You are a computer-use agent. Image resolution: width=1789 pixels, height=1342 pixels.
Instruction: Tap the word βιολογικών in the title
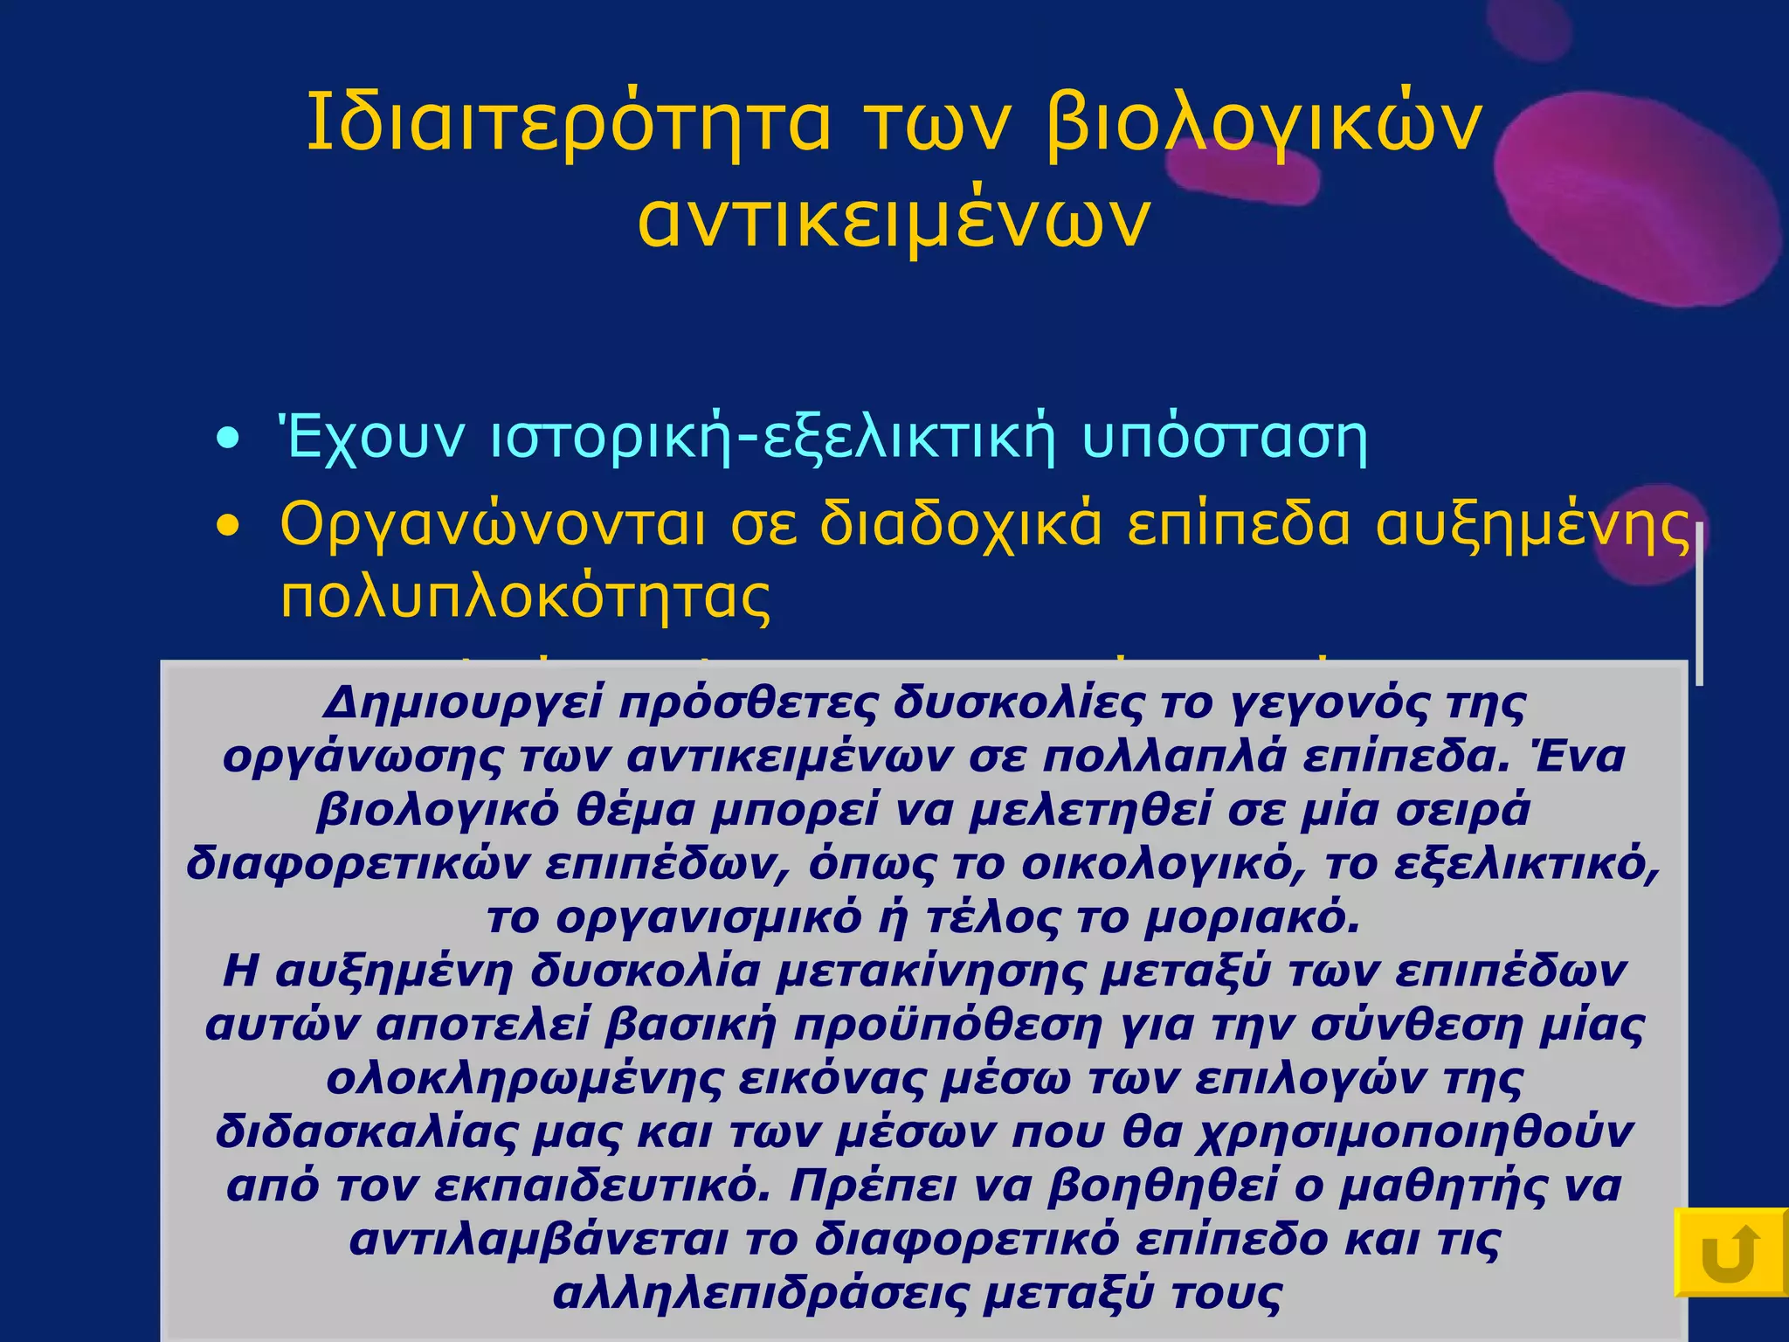click(x=1263, y=123)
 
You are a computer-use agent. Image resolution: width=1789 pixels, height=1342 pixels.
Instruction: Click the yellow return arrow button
click(x=1730, y=1252)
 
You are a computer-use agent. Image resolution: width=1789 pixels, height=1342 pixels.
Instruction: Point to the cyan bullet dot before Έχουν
click(x=228, y=439)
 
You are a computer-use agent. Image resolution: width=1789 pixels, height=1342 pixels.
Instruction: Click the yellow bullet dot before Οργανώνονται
click(x=228, y=526)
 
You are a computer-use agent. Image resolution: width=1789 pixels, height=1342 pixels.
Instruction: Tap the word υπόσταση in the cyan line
click(x=1225, y=439)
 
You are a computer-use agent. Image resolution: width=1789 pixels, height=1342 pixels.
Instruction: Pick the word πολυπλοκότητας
click(x=525, y=598)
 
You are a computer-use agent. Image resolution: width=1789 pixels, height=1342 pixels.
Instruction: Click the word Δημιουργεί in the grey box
click(x=462, y=703)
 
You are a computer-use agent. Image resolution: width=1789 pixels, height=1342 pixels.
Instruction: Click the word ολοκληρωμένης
click(x=524, y=1080)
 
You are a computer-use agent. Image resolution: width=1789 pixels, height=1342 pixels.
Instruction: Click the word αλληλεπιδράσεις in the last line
click(x=760, y=1294)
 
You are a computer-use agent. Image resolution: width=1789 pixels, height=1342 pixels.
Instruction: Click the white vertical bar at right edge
click(x=1699, y=603)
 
